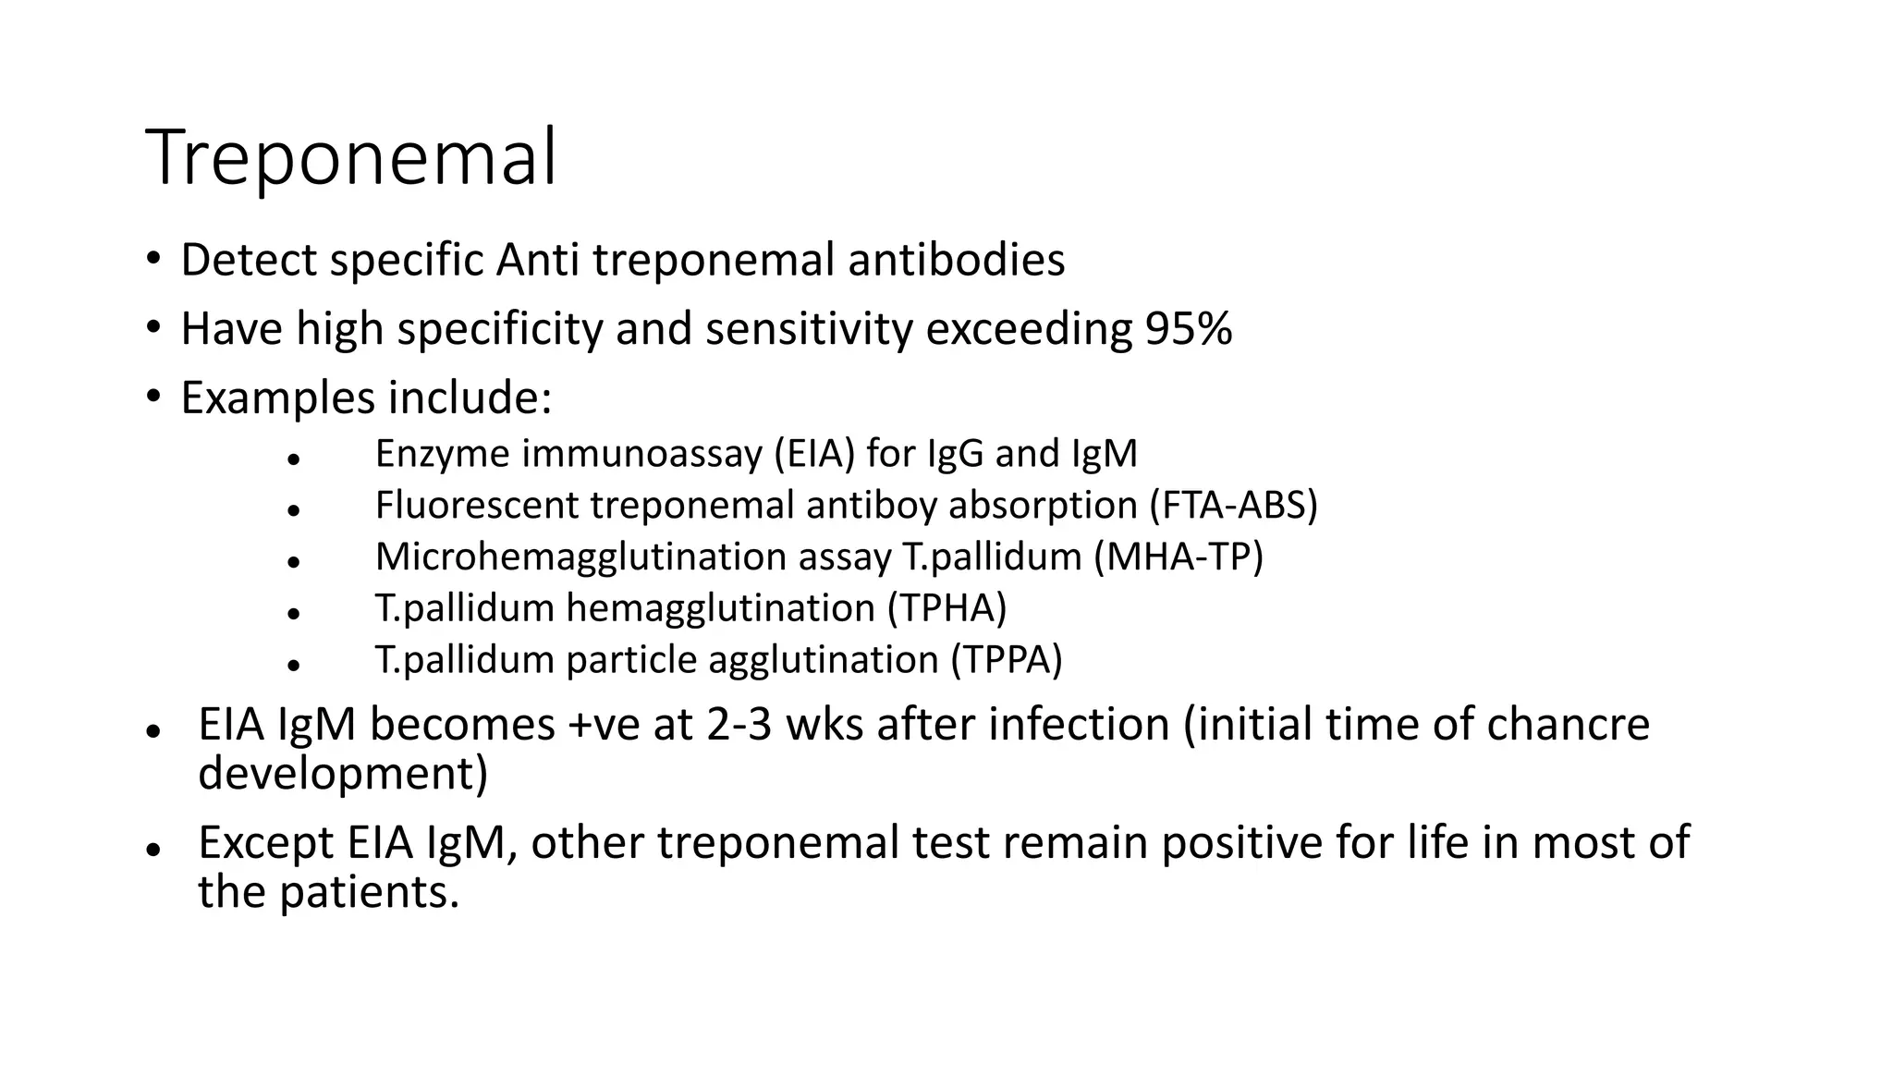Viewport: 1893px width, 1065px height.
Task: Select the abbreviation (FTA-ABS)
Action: click(x=1233, y=506)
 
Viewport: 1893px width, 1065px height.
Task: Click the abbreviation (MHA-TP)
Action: click(x=1178, y=557)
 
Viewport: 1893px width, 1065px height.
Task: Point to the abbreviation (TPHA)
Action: click(x=946, y=608)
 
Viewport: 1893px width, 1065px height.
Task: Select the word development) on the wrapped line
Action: click(x=342, y=773)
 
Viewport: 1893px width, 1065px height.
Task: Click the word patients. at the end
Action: click(x=369, y=892)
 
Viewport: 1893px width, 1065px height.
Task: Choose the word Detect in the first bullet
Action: click(x=249, y=260)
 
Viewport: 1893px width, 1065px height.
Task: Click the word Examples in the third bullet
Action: click(x=277, y=398)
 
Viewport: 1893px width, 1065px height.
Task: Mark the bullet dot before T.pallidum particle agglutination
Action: click(x=294, y=664)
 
